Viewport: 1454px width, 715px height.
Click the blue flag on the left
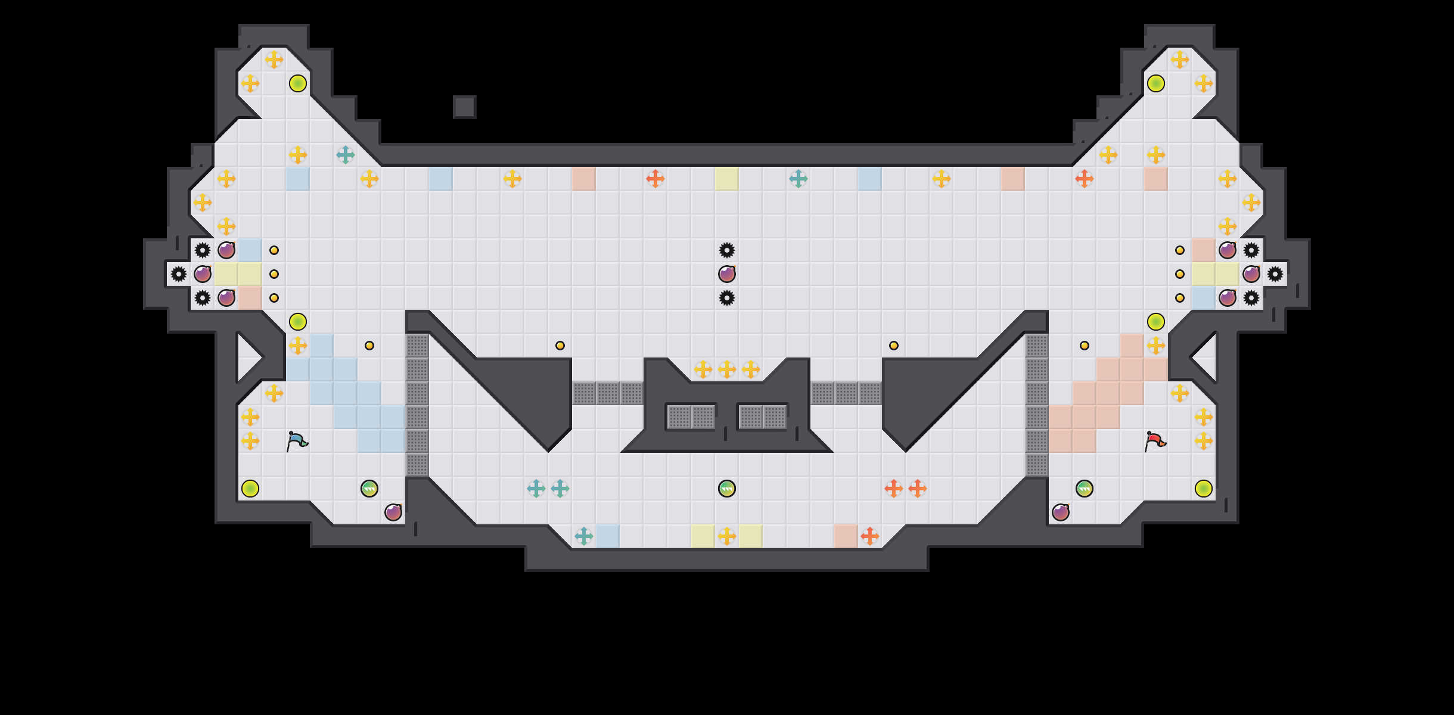297,442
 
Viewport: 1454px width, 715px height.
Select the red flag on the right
1155,442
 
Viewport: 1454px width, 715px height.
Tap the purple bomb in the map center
726,274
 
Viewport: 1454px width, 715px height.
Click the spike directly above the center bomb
726,250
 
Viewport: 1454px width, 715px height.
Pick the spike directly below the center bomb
726,298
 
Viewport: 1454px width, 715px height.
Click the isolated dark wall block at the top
464,107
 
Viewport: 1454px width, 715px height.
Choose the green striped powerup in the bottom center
726,489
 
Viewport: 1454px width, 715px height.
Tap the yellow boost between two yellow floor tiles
726,536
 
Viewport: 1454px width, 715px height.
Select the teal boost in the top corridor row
798,179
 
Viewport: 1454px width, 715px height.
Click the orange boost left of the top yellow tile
655,179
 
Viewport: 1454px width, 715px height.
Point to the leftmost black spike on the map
178,274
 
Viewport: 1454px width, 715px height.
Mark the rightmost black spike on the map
1275,274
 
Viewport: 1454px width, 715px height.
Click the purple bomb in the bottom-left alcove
393,512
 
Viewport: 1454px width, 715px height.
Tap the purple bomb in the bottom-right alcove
1060,512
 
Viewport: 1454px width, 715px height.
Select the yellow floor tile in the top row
726,179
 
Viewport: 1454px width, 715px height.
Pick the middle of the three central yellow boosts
726,369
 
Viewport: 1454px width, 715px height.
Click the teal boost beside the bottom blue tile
583,536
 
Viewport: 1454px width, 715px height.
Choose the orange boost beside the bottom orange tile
869,536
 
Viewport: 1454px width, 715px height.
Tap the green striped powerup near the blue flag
369,489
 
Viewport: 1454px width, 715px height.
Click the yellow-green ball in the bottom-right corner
1203,489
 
